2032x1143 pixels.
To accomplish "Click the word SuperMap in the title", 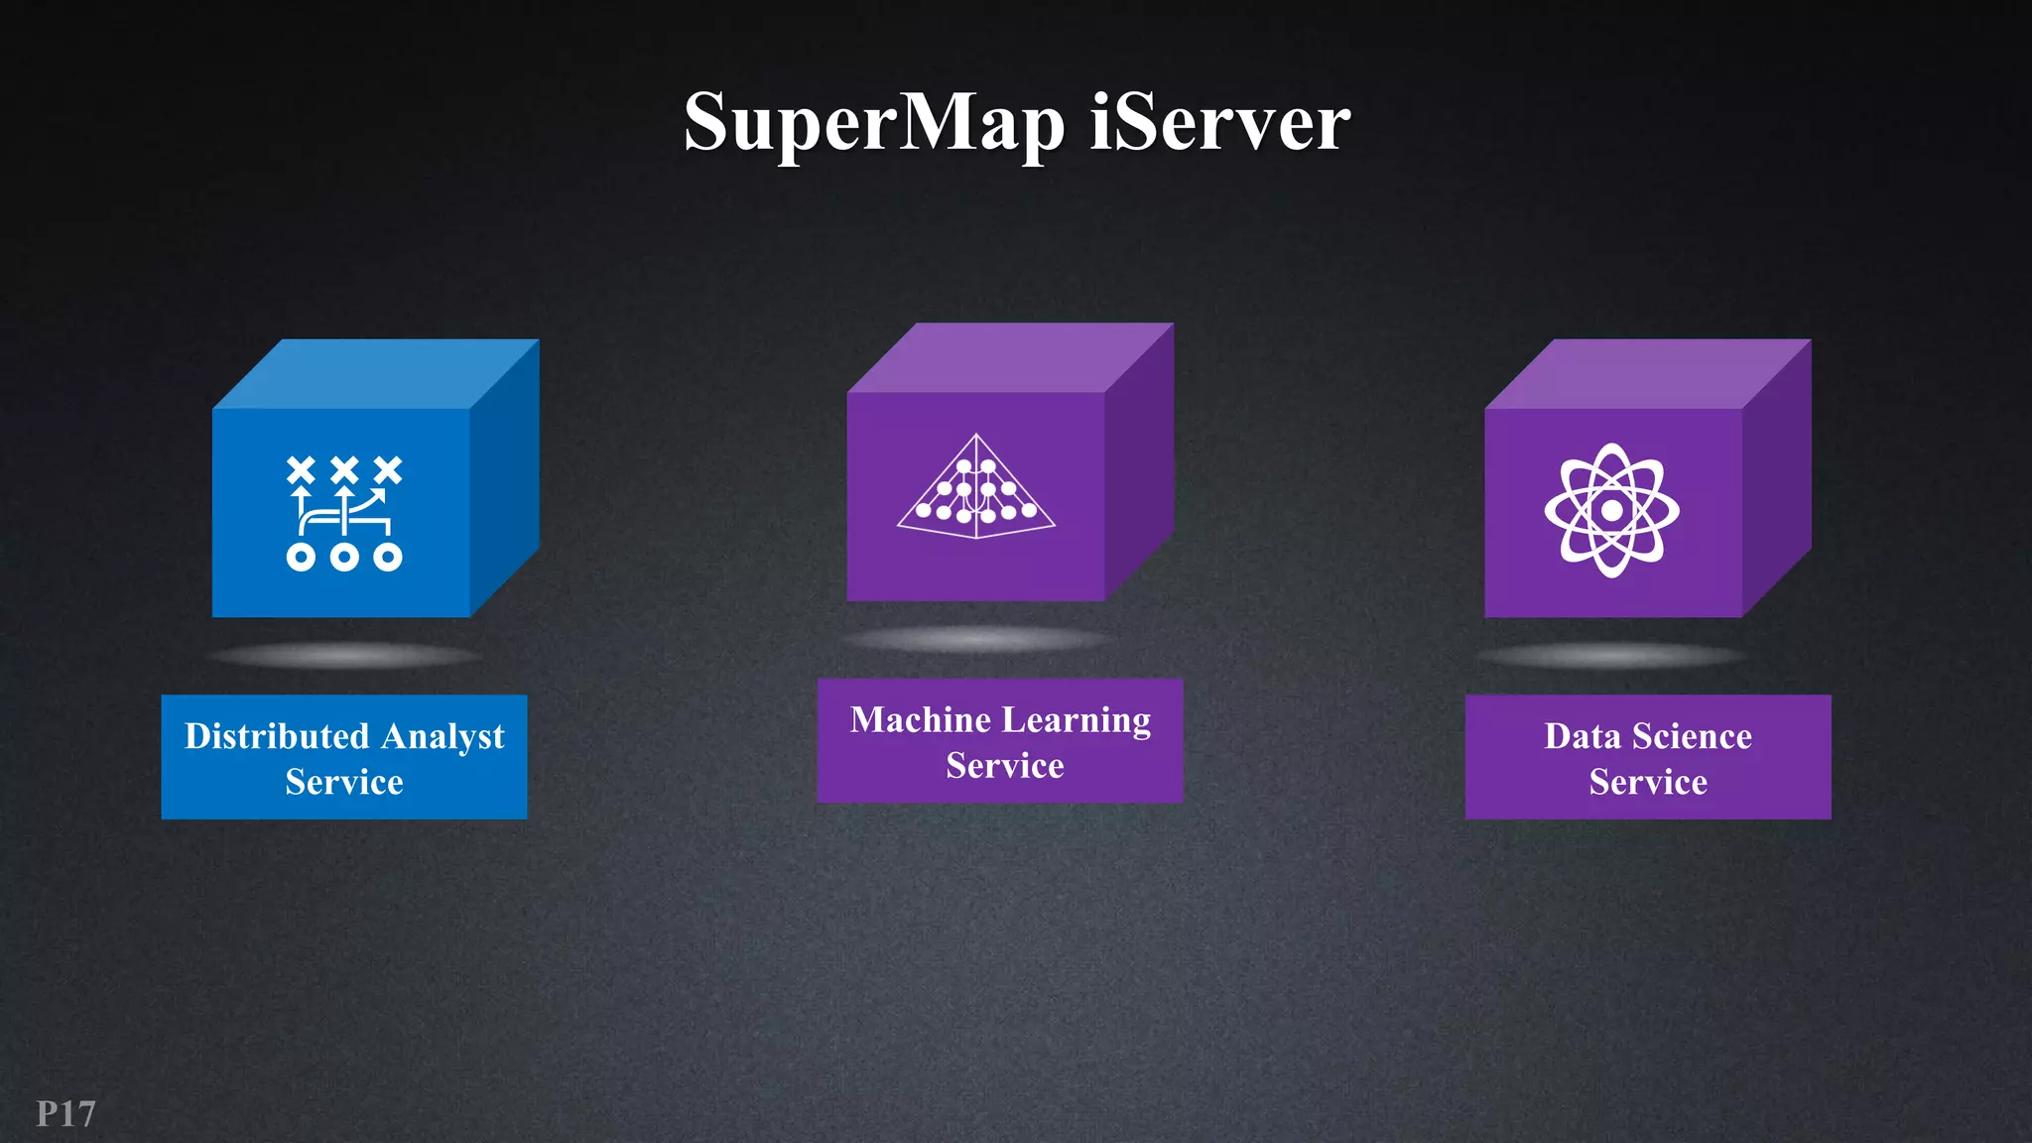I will pyautogui.click(x=873, y=124).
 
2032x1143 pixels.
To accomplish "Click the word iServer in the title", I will pyautogui.click(x=1219, y=122).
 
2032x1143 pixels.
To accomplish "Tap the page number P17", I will pyautogui.click(x=65, y=1114).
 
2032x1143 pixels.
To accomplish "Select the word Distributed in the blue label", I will pyautogui.click(x=277, y=736).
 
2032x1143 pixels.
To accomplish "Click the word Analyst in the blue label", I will pyautogui.click(x=443, y=737).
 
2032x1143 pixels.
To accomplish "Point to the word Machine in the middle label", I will pyautogui.click(x=920, y=719).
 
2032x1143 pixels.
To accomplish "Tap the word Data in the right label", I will pyautogui.click(x=1583, y=736).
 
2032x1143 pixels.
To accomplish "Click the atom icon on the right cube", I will pyautogui.click(x=1611, y=510).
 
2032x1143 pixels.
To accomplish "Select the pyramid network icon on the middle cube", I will pyautogui.click(x=975, y=487).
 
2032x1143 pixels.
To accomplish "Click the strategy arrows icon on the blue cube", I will pyautogui.click(x=343, y=513).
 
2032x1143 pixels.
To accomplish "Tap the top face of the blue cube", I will pyautogui.click(x=377, y=374).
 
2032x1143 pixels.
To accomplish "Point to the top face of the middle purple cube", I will pyautogui.click(x=1010, y=357).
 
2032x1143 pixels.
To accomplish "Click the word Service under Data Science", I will pyautogui.click(x=1648, y=782).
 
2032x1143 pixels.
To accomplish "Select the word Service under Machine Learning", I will pyautogui.click(x=1004, y=766).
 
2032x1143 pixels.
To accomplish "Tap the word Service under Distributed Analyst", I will pyautogui.click(x=344, y=782).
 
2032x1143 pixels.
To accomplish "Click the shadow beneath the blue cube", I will pyautogui.click(x=343, y=655).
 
